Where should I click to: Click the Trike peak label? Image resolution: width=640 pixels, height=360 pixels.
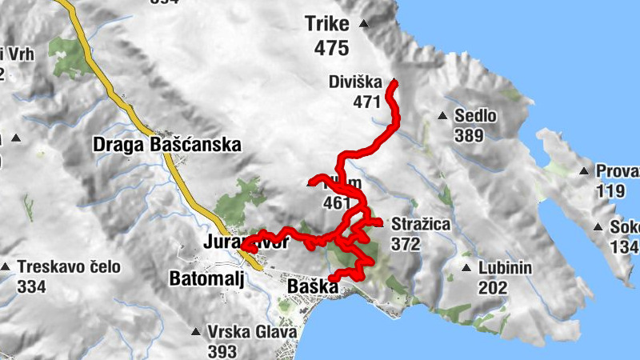[327, 24]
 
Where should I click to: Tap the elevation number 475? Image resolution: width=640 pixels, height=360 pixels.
[331, 48]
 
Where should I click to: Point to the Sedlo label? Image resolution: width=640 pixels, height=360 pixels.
[475, 117]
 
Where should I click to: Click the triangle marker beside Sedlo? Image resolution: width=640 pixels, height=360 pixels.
[442, 117]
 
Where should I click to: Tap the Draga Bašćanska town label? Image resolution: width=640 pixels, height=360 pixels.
[166, 146]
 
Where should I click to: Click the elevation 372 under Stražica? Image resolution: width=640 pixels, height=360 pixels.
[406, 244]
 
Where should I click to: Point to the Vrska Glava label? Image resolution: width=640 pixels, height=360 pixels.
[251, 332]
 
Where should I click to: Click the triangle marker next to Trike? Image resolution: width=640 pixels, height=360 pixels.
[364, 24]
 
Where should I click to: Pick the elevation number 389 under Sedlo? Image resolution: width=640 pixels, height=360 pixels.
[469, 136]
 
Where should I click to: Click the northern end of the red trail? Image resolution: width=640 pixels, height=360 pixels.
[393, 82]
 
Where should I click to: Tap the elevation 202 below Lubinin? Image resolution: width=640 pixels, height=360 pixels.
[494, 287]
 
